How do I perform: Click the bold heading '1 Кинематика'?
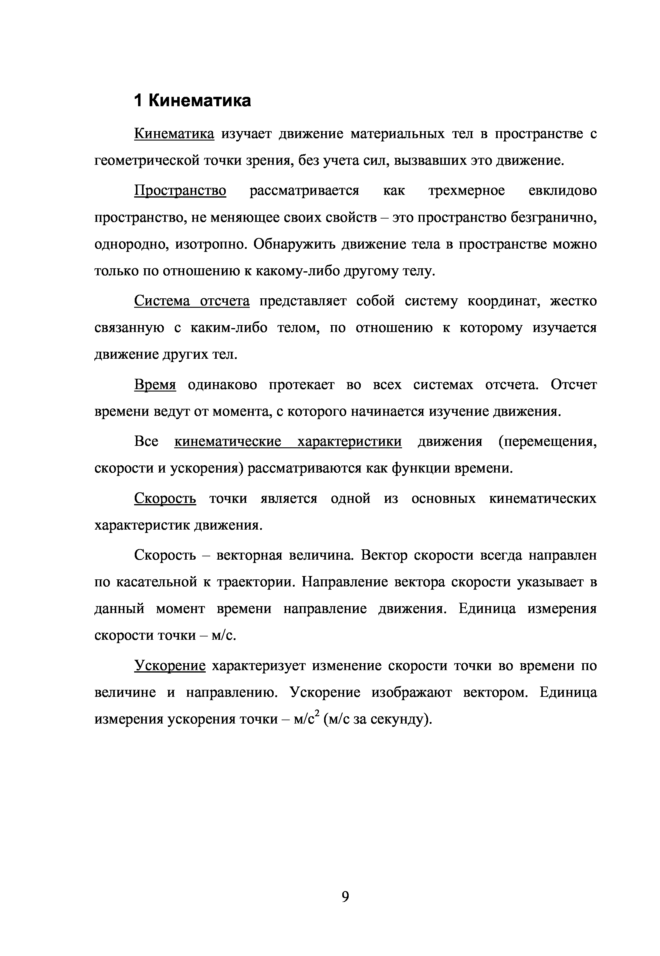tap(192, 100)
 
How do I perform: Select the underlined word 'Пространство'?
tap(180, 191)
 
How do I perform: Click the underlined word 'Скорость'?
tap(165, 499)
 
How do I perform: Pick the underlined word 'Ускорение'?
tap(170, 666)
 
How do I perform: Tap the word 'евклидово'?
tap(562, 191)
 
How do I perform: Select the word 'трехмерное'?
tap(466, 191)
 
